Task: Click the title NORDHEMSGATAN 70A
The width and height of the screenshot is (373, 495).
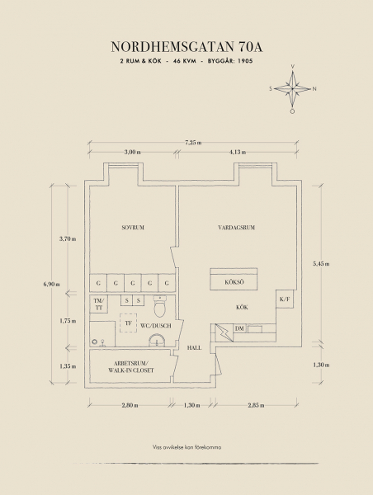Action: point(186,47)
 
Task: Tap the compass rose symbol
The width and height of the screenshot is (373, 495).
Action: point(292,89)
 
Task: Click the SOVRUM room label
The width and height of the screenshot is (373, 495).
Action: point(133,228)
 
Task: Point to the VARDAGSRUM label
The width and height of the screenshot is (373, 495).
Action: point(237,228)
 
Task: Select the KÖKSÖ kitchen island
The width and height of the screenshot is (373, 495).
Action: point(234,279)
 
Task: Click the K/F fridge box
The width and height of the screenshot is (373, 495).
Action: point(285,299)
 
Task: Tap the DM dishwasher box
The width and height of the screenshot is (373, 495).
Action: point(239,328)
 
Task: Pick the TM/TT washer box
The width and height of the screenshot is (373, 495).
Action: point(99,304)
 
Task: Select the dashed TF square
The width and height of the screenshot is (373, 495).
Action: point(128,323)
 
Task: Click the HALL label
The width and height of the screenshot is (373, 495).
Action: point(194,347)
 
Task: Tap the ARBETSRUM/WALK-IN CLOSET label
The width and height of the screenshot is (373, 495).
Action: point(131,366)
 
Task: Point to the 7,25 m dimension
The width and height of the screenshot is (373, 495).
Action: point(193,143)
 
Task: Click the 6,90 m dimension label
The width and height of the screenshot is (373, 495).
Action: point(52,284)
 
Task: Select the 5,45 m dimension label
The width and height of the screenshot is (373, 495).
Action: point(322,264)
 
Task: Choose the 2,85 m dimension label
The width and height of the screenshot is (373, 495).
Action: point(256,405)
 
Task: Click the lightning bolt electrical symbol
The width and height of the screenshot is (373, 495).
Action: point(224,332)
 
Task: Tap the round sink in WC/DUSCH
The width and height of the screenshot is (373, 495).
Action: point(157,340)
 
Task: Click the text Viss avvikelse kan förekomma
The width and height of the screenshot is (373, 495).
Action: point(186,447)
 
